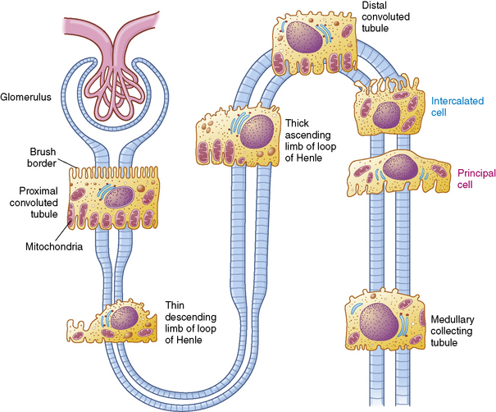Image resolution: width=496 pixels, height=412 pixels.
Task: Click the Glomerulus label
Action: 27,96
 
